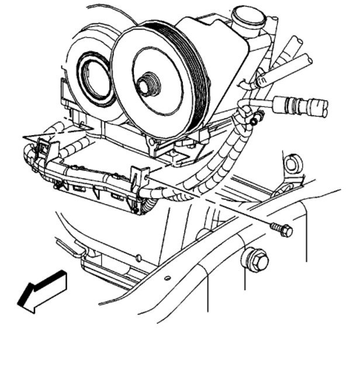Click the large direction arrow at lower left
(42, 291)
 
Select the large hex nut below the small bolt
(255, 259)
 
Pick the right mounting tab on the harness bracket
(137, 176)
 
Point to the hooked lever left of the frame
(71, 248)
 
